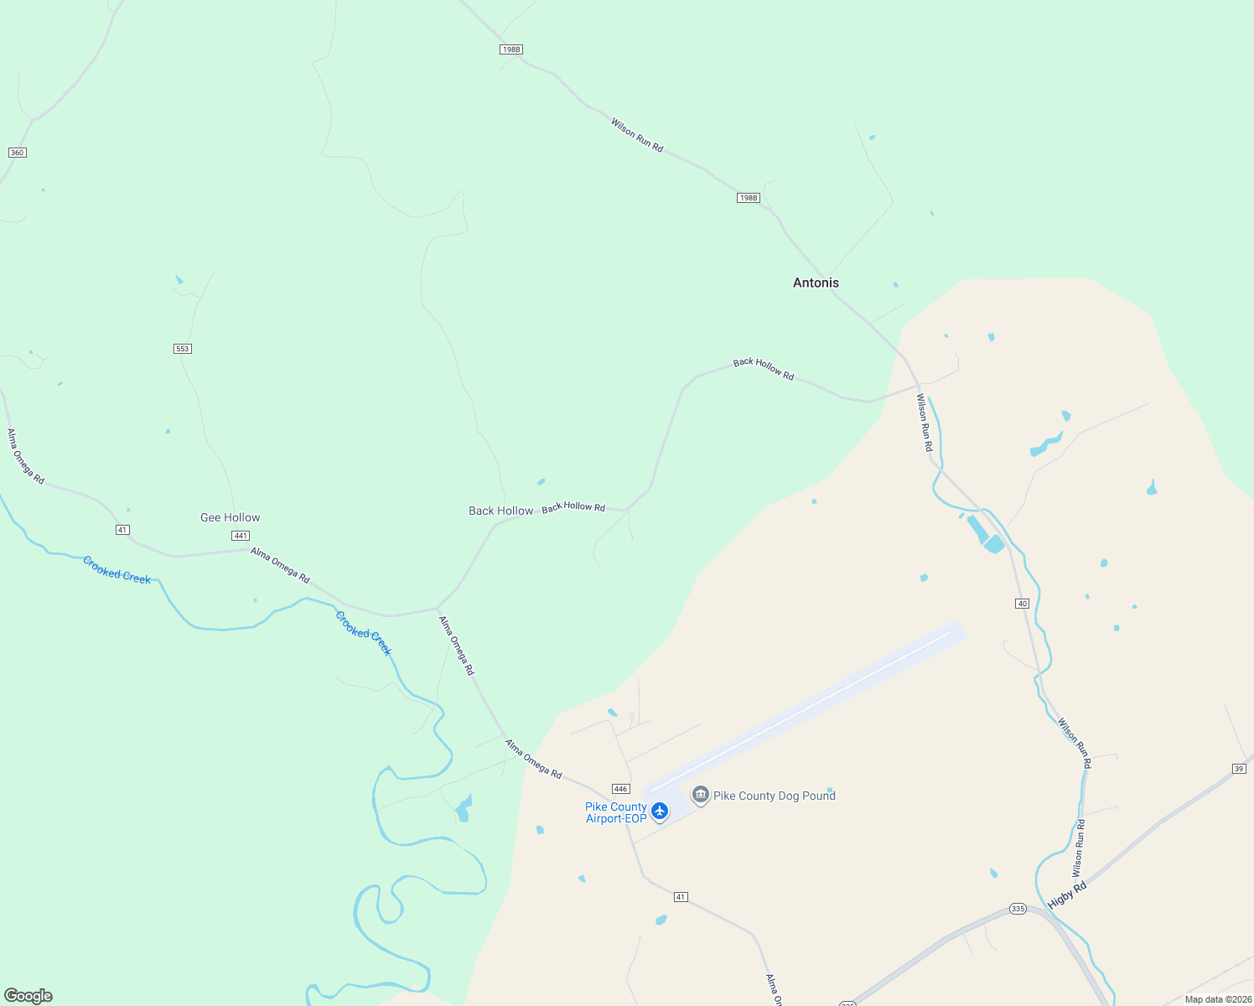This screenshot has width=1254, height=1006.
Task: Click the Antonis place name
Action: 816,283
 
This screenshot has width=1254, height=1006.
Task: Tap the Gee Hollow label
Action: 230,517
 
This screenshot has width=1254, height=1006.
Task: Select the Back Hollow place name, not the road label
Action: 500,511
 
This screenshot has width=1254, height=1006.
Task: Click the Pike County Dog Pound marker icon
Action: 701,795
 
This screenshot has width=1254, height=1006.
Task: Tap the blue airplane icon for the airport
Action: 660,811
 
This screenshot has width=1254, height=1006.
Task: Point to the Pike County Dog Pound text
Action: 774,796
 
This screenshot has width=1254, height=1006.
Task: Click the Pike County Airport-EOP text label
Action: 616,812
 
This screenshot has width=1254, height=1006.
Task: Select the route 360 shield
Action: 17,153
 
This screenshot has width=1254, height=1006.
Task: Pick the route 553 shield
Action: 183,348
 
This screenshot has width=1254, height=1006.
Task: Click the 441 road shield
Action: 241,536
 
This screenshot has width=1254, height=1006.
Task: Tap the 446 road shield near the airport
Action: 620,789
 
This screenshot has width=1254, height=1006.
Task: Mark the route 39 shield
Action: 1239,769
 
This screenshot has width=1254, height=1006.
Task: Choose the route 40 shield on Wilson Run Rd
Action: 1022,604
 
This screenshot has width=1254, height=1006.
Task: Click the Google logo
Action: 28,996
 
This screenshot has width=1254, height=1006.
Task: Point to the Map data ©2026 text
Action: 1218,999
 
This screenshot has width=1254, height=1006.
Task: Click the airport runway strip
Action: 805,708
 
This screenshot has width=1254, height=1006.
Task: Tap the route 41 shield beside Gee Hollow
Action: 122,530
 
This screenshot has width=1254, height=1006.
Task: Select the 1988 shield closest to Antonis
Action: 748,198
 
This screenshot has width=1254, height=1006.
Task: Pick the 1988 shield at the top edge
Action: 510,49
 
